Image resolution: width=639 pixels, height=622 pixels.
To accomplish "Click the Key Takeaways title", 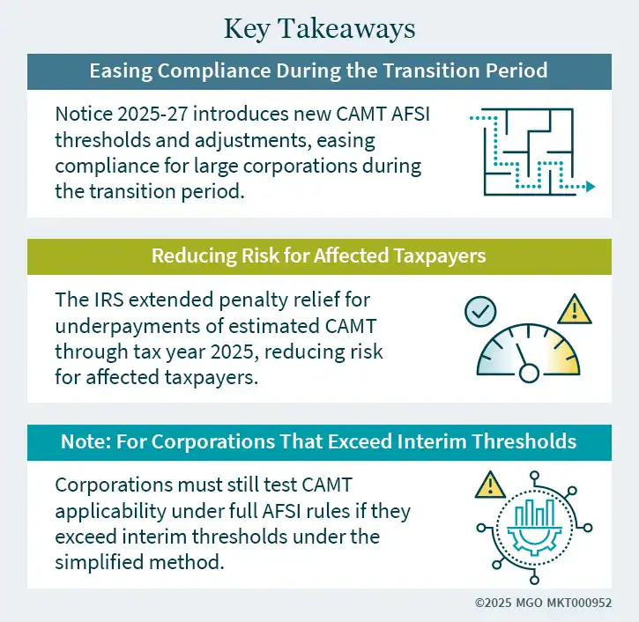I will (x=319, y=28).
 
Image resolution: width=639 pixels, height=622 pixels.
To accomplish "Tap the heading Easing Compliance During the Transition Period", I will (x=319, y=70).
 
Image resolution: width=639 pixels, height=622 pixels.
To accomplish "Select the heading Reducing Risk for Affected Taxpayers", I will (x=319, y=255).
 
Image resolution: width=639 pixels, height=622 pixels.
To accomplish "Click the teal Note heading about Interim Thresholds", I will (x=319, y=441).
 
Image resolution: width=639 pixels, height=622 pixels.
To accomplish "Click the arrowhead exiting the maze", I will (x=591, y=187).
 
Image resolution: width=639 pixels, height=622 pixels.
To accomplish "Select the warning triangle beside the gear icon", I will (x=490, y=484).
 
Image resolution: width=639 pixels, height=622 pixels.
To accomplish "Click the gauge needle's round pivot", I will (x=529, y=373).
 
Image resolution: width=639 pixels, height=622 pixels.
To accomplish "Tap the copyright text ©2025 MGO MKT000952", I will (x=544, y=603).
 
